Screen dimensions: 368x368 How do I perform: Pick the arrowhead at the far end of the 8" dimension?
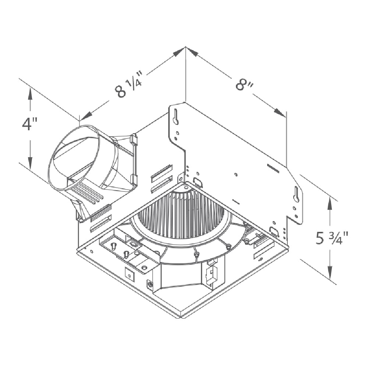(x=280, y=113)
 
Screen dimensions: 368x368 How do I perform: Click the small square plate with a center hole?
(x=130, y=273)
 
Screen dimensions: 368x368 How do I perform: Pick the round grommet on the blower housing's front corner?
(x=150, y=284)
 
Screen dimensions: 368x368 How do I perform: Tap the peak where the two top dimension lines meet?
(x=185, y=47)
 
